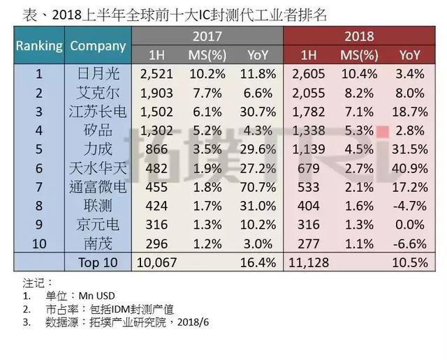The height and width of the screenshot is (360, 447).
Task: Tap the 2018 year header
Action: point(360,36)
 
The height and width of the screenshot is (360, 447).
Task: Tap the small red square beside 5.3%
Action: point(381,130)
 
